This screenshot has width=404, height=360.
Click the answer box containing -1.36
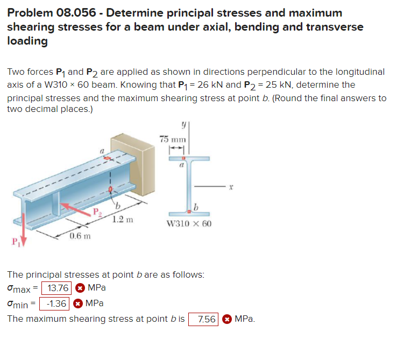(55, 303)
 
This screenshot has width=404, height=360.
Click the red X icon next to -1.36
(77, 303)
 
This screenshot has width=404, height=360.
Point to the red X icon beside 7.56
(227, 319)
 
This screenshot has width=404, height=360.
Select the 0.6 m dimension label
(80, 236)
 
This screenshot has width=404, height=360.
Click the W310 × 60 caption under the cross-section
(189, 223)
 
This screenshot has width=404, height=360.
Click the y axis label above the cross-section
(184, 124)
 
